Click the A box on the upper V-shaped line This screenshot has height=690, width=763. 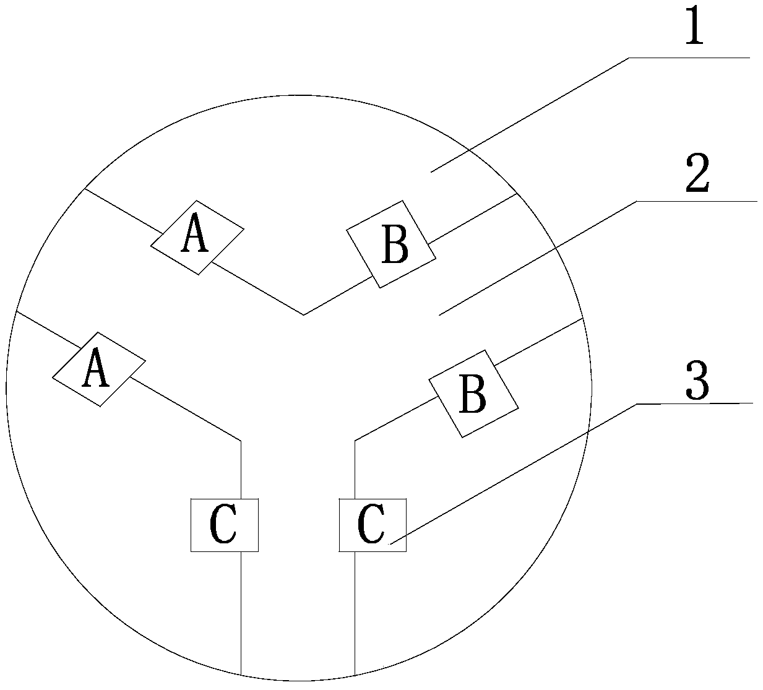(197, 237)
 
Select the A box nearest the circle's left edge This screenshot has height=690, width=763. (98, 369)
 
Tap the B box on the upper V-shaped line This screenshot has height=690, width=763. (390, 244)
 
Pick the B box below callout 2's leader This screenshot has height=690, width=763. (475, 394)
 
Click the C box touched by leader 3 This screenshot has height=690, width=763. (373, 525)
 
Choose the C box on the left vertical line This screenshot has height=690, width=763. (224, 525)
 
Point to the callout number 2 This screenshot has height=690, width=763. (697, 175)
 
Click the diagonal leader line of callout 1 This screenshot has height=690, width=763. (529, 114)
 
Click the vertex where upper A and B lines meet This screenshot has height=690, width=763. (303, 314)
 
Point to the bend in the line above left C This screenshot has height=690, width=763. (240, 441)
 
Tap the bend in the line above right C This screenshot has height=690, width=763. (355, 441)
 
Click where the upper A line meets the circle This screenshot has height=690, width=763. (84, 188)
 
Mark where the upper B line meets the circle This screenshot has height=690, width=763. (517, 194)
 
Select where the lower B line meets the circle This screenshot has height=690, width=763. (583, 319)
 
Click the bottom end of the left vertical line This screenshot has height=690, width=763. (241, 674)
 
